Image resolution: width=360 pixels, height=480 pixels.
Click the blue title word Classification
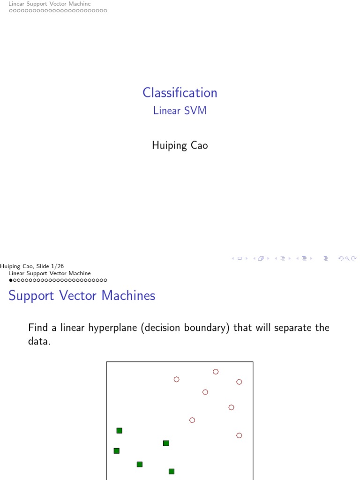click(180, 93)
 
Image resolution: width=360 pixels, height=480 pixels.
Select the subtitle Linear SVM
click(180, 111)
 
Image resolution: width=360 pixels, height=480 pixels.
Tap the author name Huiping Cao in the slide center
click(180, 145)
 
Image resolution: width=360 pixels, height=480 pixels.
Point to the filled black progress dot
click(11, 280)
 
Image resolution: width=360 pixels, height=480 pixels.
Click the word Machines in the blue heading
click(128, 295)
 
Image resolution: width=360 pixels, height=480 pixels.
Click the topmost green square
click(120, 431)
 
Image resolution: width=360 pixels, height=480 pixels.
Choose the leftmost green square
click(117, 450)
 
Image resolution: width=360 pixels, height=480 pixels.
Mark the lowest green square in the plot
click(172, 472)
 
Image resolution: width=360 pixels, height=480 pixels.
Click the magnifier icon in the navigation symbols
click(347, 259)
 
